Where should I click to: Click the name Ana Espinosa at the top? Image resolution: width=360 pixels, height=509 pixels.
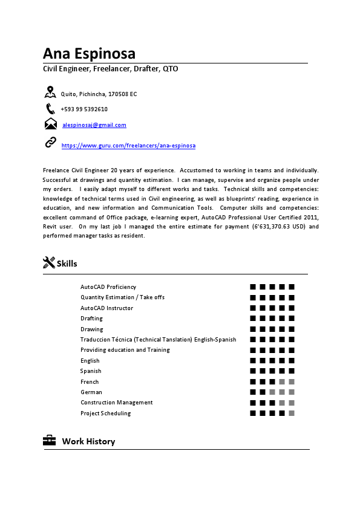coord(89,53)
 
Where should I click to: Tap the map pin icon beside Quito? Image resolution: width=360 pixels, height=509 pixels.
coord(50,92)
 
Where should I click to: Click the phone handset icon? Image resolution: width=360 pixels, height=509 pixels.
coord(50,109)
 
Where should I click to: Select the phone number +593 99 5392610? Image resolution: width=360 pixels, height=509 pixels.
coord(84,109)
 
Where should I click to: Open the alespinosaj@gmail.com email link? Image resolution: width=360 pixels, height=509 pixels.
coord(94,125)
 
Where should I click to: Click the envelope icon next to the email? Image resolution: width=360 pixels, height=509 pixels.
coord(51,125)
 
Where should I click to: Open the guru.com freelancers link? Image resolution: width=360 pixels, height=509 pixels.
coord(128,146)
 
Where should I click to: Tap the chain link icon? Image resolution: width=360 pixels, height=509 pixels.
coord(51,143)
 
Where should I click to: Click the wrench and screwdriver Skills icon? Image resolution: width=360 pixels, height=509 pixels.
coord(49,263)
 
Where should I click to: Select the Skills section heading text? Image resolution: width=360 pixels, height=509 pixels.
coord(67,264)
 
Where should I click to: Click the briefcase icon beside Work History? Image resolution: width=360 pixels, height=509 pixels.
coord(50,441)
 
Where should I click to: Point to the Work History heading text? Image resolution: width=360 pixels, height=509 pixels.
coord(88,441)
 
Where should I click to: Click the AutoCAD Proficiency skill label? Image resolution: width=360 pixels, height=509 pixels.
coord(108,287)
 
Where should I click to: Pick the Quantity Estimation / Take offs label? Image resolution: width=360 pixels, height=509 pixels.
coord(122,297)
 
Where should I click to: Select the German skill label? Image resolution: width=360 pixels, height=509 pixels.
coord(91,392)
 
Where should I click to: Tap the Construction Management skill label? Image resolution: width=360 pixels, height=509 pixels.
coord(117,403)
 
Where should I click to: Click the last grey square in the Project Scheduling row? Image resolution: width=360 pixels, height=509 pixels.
coord(292,413)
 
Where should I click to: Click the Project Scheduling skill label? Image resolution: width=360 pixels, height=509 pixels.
coord(105,413)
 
